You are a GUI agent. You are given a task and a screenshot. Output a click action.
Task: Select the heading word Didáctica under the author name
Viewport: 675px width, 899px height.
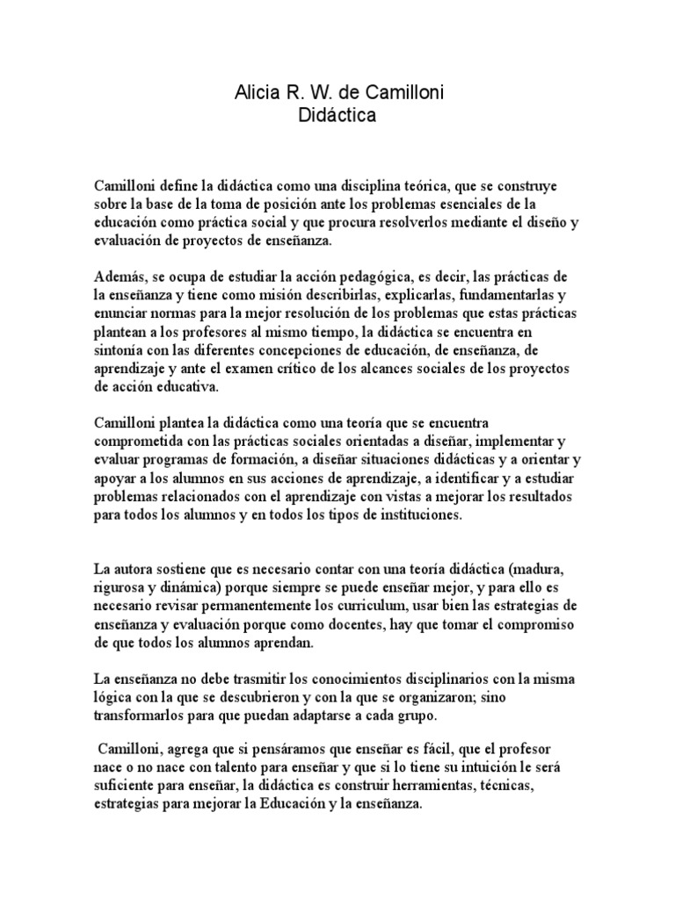tap(337, 114)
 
